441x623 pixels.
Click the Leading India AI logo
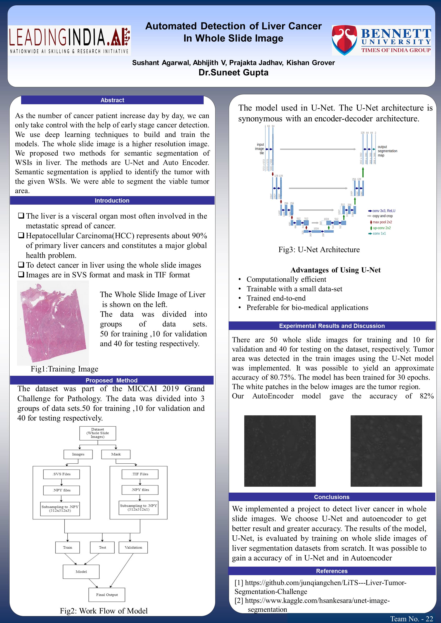(x=69, y=40)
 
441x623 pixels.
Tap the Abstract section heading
(x=112, y=100)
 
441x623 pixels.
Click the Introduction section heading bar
(x=112, y=201)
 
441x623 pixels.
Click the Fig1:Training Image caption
(x=64, y=369)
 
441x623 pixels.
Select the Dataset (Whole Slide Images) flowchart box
(x=97, y=433)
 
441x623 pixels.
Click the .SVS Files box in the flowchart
(x=61, y=474)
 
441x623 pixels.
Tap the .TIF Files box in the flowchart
(x=140, y=474)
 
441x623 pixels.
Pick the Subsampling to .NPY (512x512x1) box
(x=139, y=507)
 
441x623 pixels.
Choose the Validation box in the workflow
(x=133, y=547)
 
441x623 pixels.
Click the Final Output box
(x=107, y=595)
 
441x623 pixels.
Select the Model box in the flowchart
(x=81, y=571)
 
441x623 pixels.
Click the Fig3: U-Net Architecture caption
(x=319, y=250)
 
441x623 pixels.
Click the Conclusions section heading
(x=332, y=497)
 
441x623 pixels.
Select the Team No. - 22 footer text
(x=411, y=619)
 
